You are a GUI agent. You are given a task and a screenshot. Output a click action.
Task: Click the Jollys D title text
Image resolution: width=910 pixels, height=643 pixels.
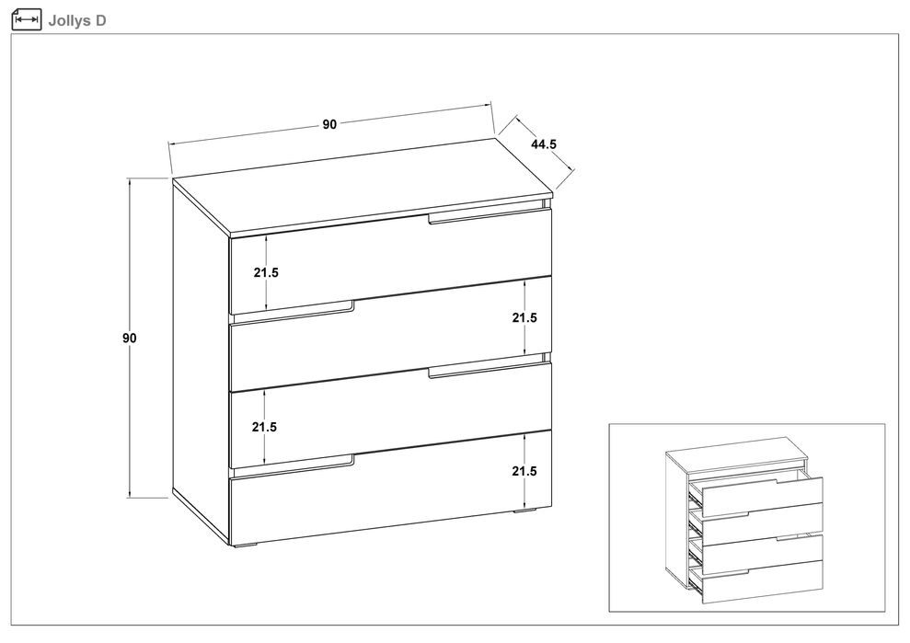click(x=77, y=21)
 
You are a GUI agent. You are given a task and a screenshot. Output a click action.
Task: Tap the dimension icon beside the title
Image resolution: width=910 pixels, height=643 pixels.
click(x=27, y=19)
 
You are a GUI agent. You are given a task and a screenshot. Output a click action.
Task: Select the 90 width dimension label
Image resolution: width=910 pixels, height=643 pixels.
click(x=329, y=124)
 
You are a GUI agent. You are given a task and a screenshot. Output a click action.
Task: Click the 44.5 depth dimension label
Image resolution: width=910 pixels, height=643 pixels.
click(x=544, y=144)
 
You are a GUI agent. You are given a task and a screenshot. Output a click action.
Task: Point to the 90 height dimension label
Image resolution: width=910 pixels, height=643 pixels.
click(x=130, y=338)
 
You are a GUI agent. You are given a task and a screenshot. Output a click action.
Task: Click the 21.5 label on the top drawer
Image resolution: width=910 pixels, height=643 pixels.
click(x=266, y=272)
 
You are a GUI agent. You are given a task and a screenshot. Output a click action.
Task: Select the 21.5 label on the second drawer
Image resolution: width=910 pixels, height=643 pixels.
click(x=524, y=317)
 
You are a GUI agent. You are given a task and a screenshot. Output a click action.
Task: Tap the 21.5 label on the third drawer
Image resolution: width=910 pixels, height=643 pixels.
click(x=264, y=427)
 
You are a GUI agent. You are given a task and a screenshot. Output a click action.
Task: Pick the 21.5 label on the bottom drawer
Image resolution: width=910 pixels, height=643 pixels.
click(x=524, y=471)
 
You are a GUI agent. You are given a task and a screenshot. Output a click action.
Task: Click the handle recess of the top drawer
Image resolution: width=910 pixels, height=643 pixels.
click(x=489, y=215)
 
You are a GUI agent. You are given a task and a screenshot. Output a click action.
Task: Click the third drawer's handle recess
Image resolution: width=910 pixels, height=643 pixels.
click(x=489, y=370)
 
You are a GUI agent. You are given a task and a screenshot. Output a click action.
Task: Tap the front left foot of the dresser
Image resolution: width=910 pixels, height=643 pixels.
click(x=245, y=545)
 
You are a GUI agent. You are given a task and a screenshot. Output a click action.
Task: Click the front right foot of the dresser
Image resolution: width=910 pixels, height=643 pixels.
click(x=525, y=511)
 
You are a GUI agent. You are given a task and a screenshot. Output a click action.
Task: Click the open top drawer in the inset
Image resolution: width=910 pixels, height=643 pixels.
click(x=762, y=495)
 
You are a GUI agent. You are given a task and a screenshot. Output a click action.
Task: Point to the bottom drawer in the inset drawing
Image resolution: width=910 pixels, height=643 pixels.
click(x=762, y=580)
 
